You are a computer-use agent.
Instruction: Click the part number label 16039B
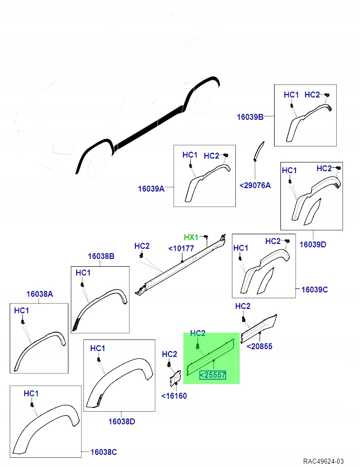click(250, 117)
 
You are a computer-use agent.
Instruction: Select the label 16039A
click(151, 189)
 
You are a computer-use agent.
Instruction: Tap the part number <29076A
click(255, 186)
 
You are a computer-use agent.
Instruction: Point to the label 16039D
click(312, 244)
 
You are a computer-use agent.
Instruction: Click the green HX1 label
click(191, 237)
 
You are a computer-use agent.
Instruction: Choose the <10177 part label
click(181, 248)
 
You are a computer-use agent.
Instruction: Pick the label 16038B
click(101, 256)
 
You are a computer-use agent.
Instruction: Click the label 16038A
click(40, 294)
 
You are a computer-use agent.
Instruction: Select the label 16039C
click(314, 290)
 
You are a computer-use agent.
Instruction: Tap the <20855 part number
click(260, 346)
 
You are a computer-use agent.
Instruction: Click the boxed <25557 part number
click(213, 375)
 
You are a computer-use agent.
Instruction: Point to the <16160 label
click(174, 396)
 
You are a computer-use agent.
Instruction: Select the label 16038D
click(122, 422)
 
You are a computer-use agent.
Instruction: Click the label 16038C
click(103, 452)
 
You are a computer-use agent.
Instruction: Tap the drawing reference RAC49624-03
click(323, 461)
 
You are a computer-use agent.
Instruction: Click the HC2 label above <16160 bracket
click(170, 354)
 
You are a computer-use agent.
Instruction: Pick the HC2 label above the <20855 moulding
click(243, 306)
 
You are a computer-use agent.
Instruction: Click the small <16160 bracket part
click(175, 378)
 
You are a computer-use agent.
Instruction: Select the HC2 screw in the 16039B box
click(327, 95)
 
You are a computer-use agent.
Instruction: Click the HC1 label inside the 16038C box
click(31, 394)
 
